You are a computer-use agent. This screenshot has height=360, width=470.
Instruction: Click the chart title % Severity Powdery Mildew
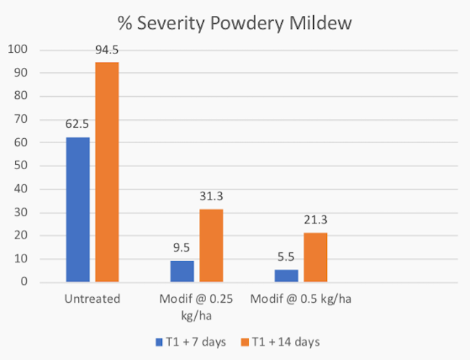[x=234, y=24]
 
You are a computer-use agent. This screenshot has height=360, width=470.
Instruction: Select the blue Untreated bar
[x=77, y=210]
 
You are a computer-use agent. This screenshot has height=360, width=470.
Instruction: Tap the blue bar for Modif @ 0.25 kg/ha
[x=182, y=270]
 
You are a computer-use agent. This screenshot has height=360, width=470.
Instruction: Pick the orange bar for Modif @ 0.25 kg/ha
[x=211, y=245]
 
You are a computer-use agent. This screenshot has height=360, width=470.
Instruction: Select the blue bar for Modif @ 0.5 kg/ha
[x=286, y=275]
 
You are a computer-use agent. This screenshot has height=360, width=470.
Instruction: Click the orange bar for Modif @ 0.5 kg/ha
[x=315, y=257]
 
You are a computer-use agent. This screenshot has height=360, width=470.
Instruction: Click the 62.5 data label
[x=77, y=124]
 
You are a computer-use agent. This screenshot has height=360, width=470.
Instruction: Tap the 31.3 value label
[x=211, y=196]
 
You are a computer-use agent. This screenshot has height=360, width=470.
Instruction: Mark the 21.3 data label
[x=315, y=220]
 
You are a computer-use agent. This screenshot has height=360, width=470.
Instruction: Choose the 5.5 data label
[x=286, y=256]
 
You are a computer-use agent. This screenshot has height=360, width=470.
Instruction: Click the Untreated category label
[x=92, y=299]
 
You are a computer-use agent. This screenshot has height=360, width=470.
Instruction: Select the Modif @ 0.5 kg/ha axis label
[x=301, y=299]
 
